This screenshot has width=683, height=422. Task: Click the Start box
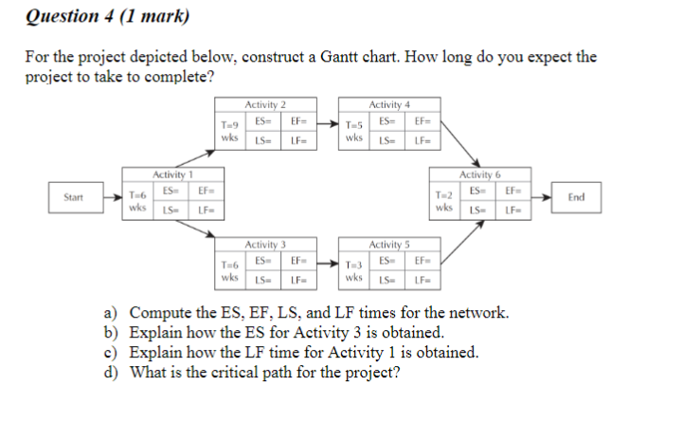pyautogui.click(x=72, y=197)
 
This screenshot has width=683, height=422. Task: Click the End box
pyautogui.click(x=577, y=197)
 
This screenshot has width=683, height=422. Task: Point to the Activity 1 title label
pyautogui.click(x=173, y=174)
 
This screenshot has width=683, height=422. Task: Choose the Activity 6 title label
pyautogui.click(x=480, y=174)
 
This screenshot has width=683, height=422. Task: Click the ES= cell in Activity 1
pyautogui.click(x=171, y=191)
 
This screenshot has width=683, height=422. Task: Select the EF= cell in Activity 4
pyautogui.click(x=422, y=120)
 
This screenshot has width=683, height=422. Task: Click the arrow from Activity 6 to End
pyautogui.click(x=545, y=197)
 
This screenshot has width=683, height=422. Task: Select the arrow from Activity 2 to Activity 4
pyautogui.click(x=326, y=123)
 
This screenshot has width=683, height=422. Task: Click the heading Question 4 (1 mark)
pyautogui.click(x=107, y=16)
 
